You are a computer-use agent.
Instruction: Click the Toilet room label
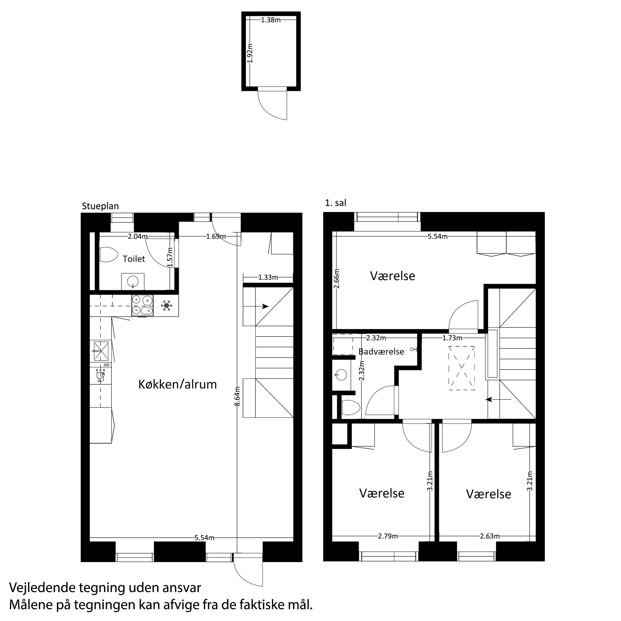(134, 259)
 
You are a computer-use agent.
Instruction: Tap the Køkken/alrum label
(178, 384)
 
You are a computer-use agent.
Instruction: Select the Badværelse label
(381, 352)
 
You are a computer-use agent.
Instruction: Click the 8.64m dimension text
(237, 396)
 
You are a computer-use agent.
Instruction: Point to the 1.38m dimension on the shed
(271, 20)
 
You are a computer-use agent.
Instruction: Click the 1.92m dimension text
(250, 53)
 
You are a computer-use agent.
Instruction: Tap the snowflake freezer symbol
(166, 305)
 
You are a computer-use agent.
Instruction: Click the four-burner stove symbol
(142, 305)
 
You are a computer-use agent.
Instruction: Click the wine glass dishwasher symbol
(100, 375)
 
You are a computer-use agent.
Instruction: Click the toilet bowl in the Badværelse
(350, 408)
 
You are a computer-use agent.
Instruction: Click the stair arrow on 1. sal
(489, 399)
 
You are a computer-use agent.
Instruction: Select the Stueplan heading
(100, 206)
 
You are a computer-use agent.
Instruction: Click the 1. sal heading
(336, 203)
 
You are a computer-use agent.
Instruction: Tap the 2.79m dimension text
(388, 536)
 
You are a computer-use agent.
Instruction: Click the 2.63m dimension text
(489, 536)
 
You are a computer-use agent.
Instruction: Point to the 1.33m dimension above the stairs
(268, 277)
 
